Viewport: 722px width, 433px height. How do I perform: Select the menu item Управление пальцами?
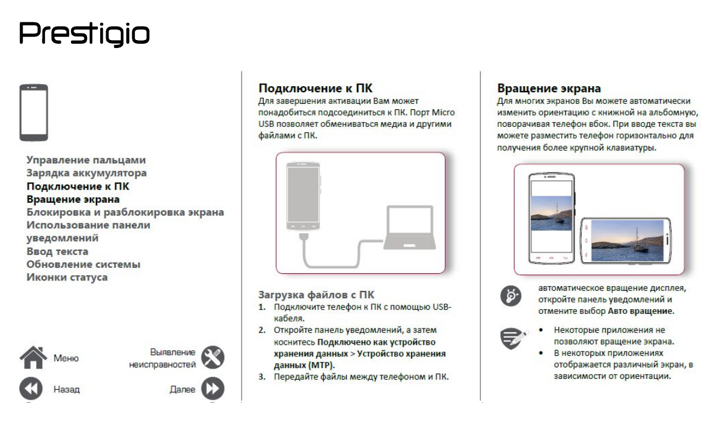click(86, 160)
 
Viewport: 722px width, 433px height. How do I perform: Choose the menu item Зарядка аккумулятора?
click(86, 173)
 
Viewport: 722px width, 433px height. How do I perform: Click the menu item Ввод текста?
click(57, 251)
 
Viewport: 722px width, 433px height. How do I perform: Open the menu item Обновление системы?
click(83, 265)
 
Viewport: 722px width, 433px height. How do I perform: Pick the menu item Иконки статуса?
click(67, 278)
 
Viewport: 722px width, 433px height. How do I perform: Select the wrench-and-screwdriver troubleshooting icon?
click(213, 358)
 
